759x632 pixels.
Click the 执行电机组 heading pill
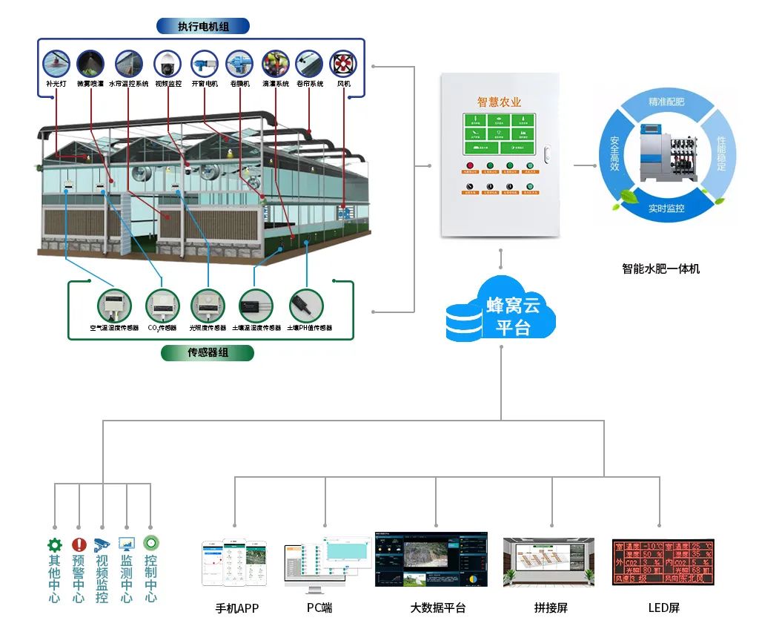(x=203, y=27)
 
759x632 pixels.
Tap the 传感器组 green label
(x=208, y=352)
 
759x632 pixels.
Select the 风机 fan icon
(x=343, y=64)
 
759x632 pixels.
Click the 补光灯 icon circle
(x=56, y=64)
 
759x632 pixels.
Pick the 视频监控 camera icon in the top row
(x=168, y=64)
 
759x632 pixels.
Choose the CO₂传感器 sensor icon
(x=162, y=305)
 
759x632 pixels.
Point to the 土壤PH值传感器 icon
(x=305, y=305)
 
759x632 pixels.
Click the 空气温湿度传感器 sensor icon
(x=114, y=305)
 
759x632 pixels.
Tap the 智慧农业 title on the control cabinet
(x=499, y=102)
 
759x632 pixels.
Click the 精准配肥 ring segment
(x=666, y=102)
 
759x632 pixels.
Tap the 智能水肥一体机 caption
(x=660, y=269)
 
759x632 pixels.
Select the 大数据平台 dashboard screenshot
(x=431, y=559)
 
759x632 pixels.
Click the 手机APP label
(x=237, y=608)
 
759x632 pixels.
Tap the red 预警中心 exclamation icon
(x=79, y=544)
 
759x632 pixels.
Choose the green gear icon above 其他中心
(x=55, y=544)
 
